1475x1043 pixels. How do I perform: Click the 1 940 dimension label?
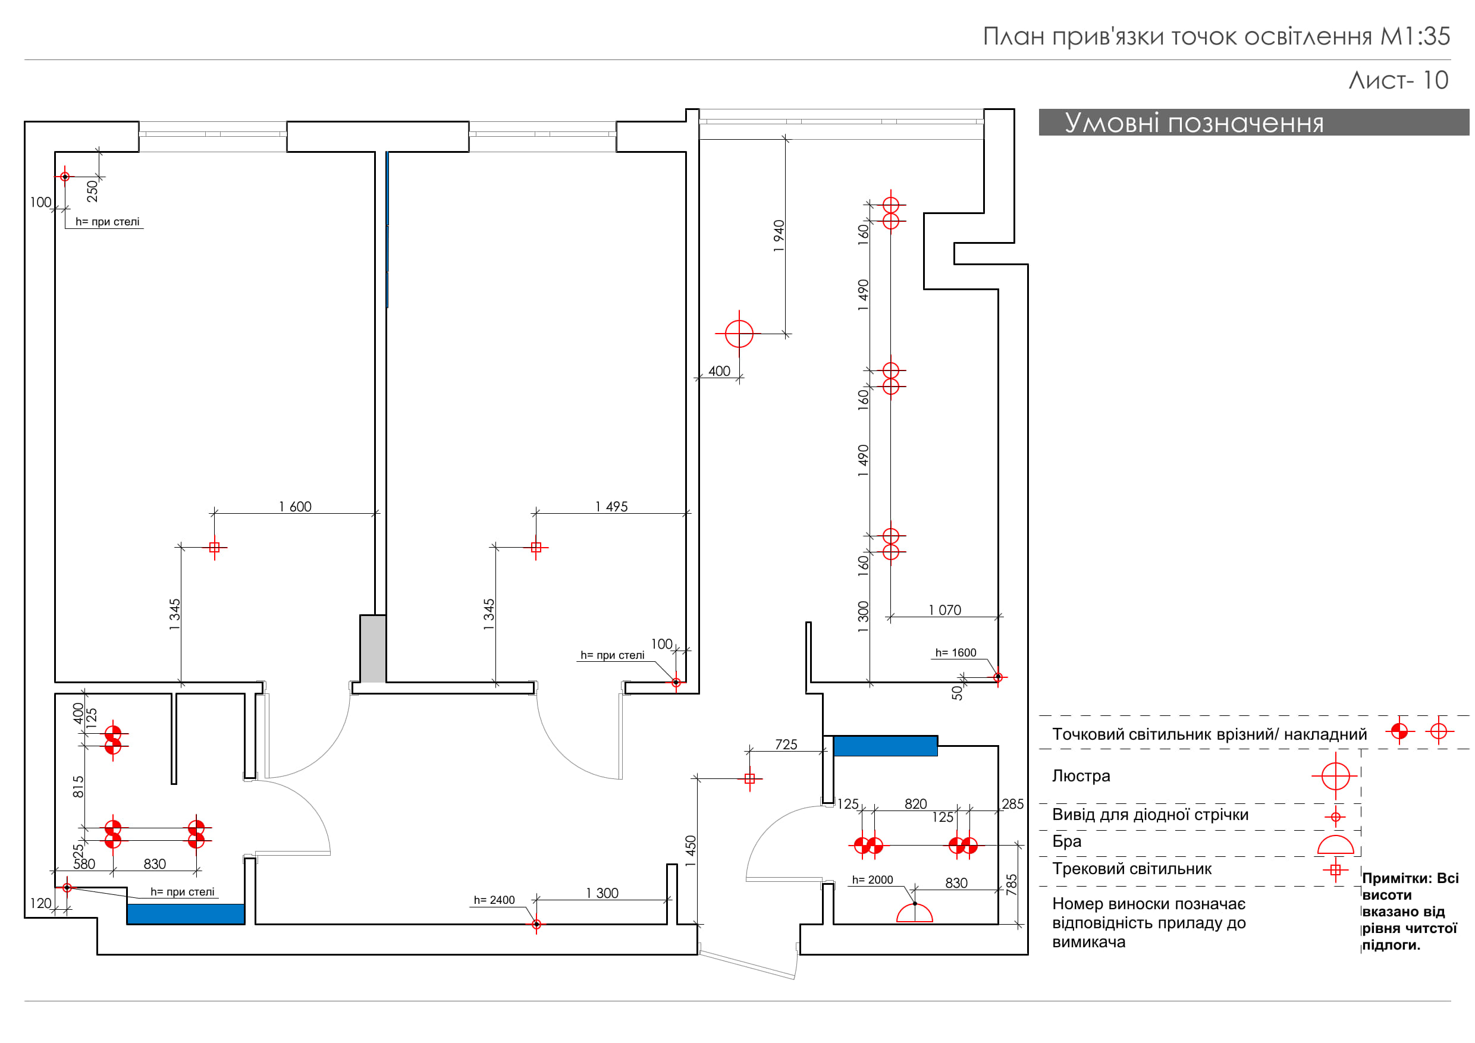point(779,235)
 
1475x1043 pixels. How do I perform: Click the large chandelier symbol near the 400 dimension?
point(739,334)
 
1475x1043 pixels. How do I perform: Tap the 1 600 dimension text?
point(295,507)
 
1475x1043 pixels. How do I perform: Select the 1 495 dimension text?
point(611,507)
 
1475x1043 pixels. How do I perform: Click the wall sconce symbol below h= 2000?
point(914,913)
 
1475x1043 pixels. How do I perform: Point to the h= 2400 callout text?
point(494,900)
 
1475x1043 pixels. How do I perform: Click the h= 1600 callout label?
point(955,653)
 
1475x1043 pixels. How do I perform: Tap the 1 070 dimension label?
point(944,610)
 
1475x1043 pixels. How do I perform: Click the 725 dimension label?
point(786,744)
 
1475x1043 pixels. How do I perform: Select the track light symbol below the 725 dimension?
point(749,778)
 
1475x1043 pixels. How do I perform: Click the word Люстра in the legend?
point(1081,776)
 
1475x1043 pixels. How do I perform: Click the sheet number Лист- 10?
point(1398,80)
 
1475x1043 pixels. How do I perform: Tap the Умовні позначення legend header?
point(1194,122)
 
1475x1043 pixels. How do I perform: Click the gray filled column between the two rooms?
point(372,649)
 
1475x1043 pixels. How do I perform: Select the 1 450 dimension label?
point(691,851)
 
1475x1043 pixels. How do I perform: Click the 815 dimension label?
point(79,787)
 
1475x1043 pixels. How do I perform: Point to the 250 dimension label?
point(93,191)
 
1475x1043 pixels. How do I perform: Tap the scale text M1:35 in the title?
point(1416,37)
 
